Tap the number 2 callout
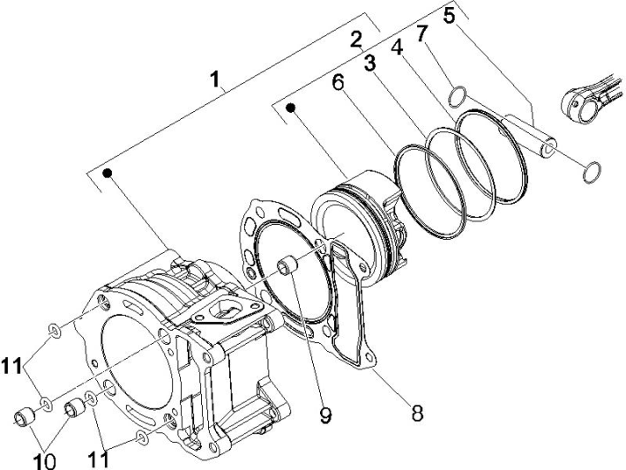[x=355, y=39]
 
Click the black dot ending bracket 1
[x=108, y=173]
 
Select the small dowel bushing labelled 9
[x=286, y=265]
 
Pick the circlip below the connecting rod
[x=590, y=173]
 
